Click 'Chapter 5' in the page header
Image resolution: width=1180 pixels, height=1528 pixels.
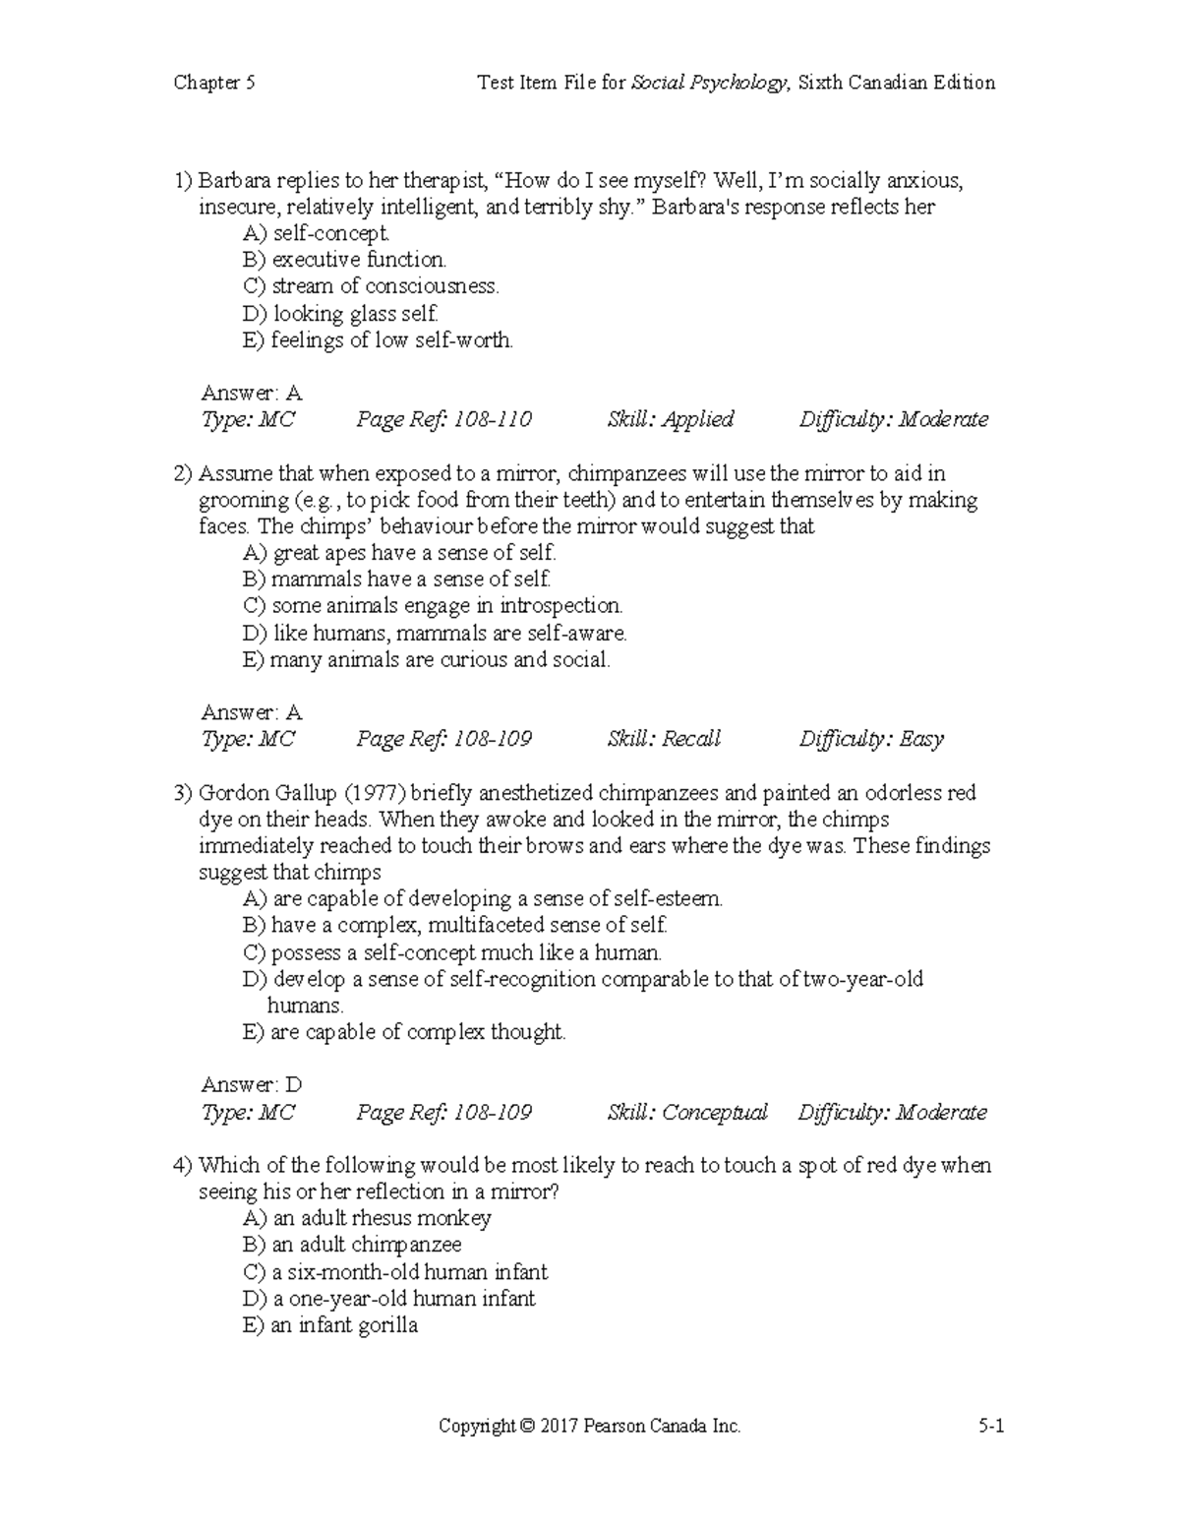214,83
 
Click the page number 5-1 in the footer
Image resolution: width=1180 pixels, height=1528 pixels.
990,1426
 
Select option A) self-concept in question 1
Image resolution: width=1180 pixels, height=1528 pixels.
317,233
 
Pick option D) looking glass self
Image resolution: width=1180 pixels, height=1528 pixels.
340,314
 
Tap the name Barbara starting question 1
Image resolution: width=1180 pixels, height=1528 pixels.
234,180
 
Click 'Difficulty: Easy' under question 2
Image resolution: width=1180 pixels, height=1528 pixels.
870,739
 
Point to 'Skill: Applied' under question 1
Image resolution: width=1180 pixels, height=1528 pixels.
670,420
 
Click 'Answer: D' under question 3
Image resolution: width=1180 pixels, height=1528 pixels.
252,1085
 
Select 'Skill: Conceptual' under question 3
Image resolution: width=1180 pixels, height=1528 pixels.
686,1113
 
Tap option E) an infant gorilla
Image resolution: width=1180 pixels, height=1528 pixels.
330,1325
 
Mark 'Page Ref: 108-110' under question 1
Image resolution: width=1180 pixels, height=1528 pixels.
443,420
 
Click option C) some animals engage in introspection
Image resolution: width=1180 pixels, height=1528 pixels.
433,606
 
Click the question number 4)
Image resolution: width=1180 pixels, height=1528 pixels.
183,1166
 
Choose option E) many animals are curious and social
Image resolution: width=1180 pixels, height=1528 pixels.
427,660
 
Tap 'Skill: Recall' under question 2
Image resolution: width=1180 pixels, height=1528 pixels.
664,739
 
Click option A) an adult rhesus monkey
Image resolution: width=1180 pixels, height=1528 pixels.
367,1218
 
